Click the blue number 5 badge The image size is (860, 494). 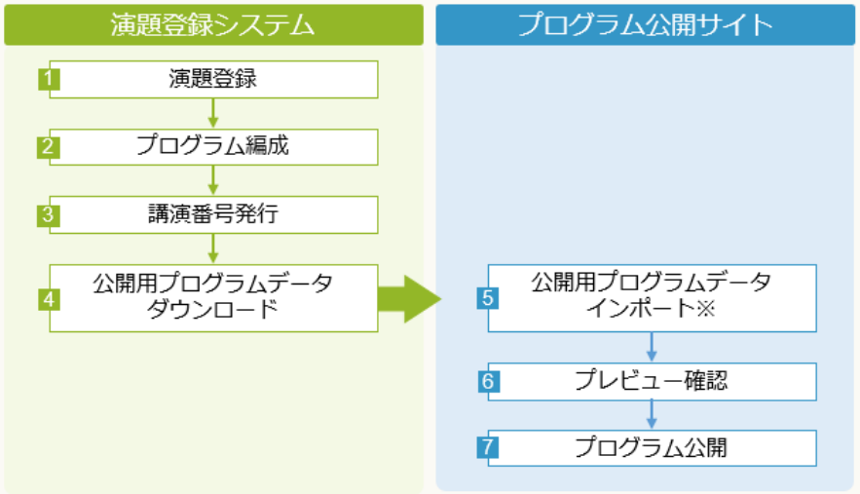(488, 298)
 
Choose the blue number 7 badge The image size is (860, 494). (488, 448)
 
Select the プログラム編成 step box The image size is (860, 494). (212, 147)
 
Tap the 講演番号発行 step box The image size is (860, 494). (212, 214)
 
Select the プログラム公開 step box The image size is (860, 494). (651, 448)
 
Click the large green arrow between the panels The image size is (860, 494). (407, 298)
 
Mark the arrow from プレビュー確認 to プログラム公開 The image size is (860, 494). (651, 415)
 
